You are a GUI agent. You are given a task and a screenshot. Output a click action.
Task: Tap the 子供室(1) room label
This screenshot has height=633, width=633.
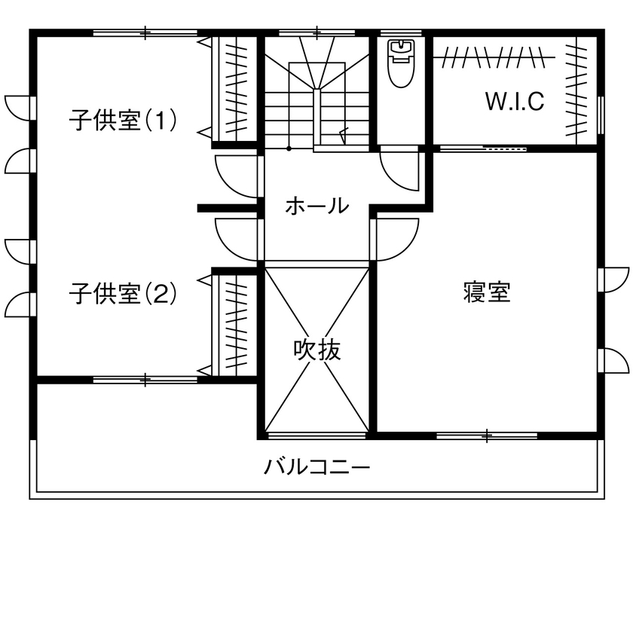click(123, 121)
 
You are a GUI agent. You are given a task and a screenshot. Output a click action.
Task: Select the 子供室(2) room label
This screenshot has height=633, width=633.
click(123, 292)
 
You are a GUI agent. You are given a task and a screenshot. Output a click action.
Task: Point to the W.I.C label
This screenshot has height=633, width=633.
click(514, 102)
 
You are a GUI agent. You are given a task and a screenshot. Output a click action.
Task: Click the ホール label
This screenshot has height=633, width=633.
click(317, 205)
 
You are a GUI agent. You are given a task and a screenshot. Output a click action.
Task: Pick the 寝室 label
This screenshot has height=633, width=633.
click(487, 292)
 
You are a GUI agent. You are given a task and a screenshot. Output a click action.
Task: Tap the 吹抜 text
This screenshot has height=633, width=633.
click(317, 350)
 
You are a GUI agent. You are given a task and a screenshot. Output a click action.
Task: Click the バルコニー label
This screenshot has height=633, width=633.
click(317, 468)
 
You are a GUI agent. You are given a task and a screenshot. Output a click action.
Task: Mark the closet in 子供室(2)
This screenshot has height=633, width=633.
click(234, 324)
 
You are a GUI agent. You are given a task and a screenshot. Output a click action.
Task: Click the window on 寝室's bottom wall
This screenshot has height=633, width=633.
click(487, 435)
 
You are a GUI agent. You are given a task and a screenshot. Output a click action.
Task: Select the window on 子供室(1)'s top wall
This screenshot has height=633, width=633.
click(145, 32)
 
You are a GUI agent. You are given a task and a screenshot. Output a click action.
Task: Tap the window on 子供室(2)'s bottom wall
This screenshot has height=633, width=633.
click(145, 379)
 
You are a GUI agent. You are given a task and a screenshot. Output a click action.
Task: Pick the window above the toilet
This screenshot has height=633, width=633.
click(400, 32)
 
